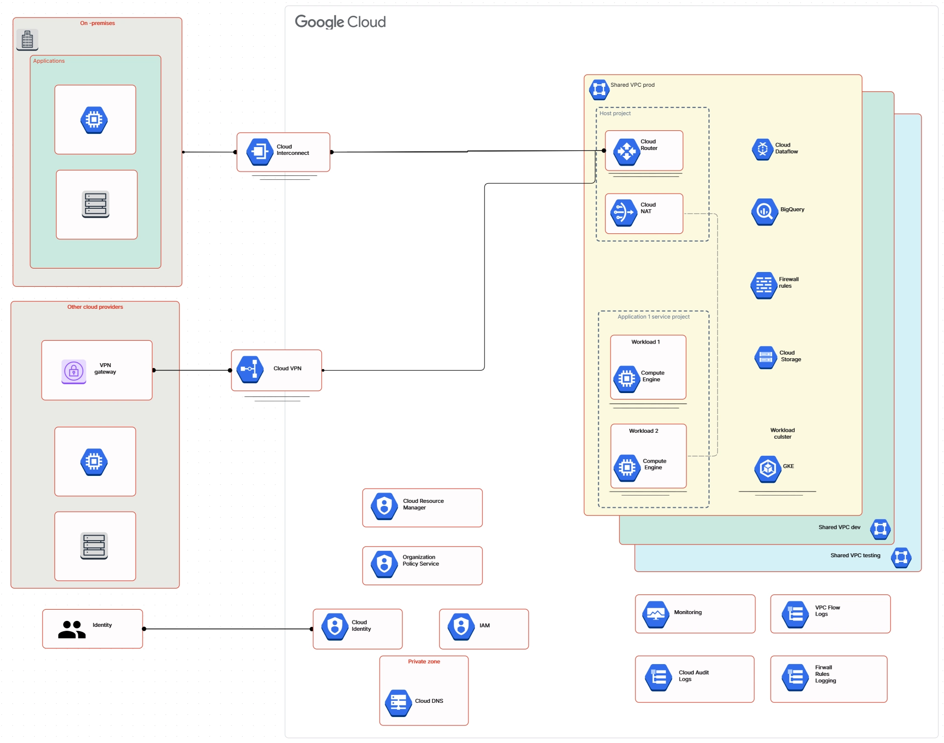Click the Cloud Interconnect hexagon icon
point(260,151)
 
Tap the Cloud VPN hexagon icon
point(250,369)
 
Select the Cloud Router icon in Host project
point(626,151)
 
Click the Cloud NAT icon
point(623,213)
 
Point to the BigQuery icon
point(764,211)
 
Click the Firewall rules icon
point(764,285)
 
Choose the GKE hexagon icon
point(767,469)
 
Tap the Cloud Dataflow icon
point(762,149)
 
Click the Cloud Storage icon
point(766,357)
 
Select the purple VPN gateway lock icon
point(74,371)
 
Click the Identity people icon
point(71,629)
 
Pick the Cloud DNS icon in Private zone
point(398,702)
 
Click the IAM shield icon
point(461,626)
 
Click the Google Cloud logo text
point(340,22)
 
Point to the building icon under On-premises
point(27,39)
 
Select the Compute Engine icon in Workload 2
point(627,468)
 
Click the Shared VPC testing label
point(855,555)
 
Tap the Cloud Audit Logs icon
point(659,677)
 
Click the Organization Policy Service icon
point(384,564)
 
